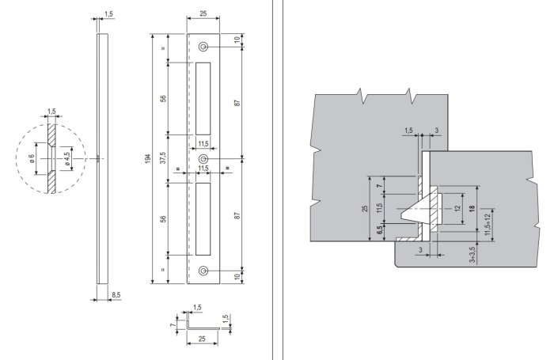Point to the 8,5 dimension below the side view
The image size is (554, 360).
[117, 294]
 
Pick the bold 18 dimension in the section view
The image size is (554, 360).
[472, 208]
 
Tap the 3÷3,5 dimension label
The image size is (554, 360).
[472, 256]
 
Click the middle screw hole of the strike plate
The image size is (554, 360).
[203, 158]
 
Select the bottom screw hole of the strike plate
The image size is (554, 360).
[203, 271]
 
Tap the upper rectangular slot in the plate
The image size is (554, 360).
[203, 97]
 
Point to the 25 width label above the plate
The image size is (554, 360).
[203, 14]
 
